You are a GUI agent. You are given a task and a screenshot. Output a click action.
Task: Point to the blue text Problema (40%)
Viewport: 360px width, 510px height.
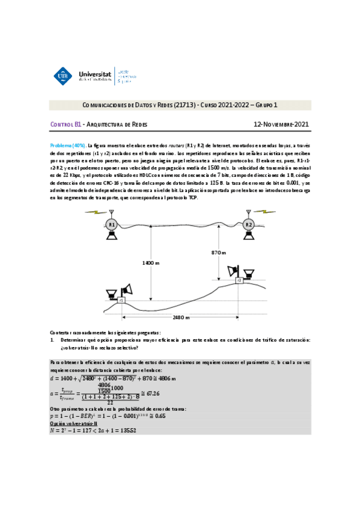[x=67, y=146]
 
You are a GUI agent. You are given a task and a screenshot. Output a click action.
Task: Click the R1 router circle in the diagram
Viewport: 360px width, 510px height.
[x=111, y=225]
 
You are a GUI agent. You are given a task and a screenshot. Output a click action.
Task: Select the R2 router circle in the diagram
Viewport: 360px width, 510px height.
[x=249, y=225]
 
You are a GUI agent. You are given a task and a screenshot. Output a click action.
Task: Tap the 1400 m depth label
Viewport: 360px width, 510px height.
[x=150, y=263]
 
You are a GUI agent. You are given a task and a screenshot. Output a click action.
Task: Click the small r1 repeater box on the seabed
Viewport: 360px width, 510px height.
[x=121, y=300]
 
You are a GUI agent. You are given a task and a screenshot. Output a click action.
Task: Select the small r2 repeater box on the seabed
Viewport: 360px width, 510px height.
[x=239, y=280]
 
